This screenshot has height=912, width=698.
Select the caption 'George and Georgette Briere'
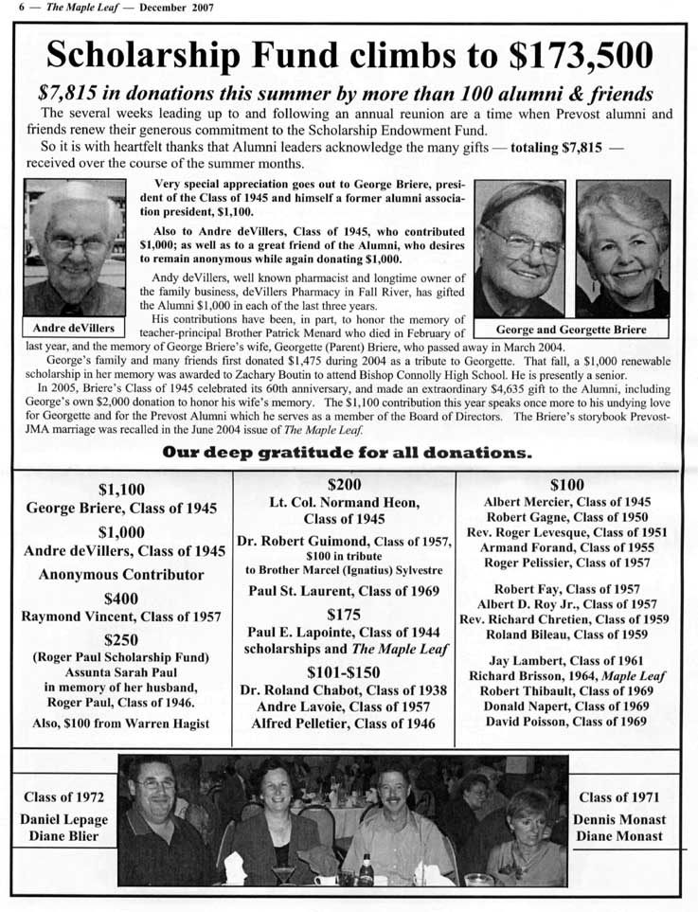pos(571,330)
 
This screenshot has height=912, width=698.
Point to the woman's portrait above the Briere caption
pos(623,248)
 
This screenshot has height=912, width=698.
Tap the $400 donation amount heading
pos(121,598)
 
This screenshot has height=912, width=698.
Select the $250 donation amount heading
pos(121,639)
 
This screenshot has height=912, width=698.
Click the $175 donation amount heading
pos(344,614)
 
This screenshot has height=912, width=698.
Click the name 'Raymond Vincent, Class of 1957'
pos(121,616)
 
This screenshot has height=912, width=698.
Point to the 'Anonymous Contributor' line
pos(121,574)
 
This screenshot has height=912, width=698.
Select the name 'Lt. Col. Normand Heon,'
pos(344,502)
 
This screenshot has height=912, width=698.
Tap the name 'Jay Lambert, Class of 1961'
pos(567,660)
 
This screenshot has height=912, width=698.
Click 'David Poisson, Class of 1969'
pos(567,721)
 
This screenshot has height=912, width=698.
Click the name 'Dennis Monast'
pos(619,819)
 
